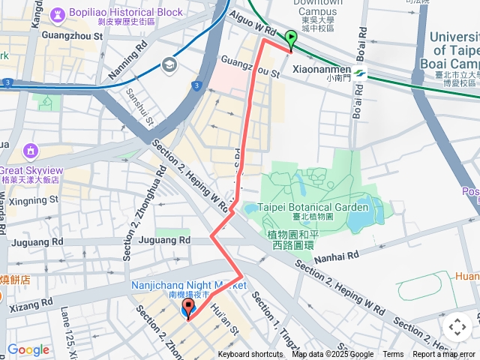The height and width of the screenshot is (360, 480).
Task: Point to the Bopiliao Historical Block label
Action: click(x=136, y=13)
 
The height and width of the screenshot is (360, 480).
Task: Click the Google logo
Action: click(x=28, y=349)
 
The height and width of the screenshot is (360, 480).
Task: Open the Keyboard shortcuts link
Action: click(x=250, y=355)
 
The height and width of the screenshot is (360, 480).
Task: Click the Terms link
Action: click(x=393, y=355)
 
